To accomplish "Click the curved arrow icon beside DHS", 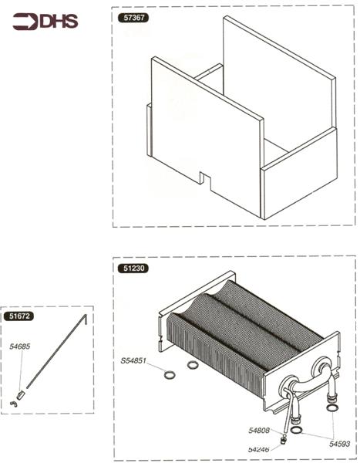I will (x=25, y=22).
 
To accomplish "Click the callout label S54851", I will (x=133, y=360).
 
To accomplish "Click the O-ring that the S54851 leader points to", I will (x=170, y=375).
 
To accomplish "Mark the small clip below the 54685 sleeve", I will (x=14, y=404).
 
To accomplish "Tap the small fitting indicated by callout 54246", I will (x=284, y=439).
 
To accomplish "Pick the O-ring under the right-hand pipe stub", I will (x=332, y=408).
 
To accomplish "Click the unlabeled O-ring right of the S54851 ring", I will (x=193, y=365).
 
